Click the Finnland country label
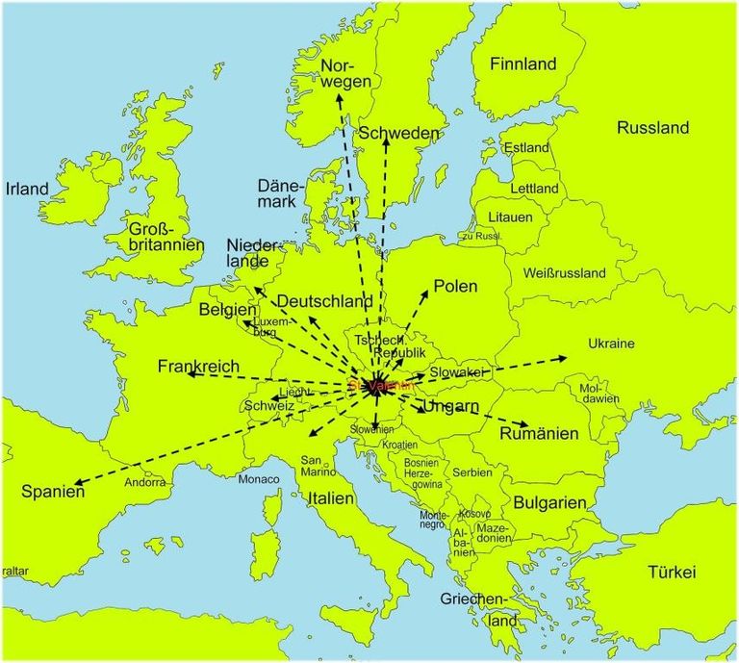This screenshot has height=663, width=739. [522, 64]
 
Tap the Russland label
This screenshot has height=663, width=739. [652, 127]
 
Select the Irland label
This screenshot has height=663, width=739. [27, 189]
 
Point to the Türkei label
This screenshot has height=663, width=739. [671, 572]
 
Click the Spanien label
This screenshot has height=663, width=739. [53, 491]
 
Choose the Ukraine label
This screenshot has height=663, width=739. [611, 344]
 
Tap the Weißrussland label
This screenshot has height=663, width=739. [564, 273]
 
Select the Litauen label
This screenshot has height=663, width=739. [510, 217]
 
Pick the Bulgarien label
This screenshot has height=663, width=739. [550, 502]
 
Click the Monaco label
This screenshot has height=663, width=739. [259, 479]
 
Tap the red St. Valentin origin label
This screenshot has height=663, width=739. [382, 384]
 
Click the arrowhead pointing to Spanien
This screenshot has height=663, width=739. [78, 482]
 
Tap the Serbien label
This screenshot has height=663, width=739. [471, 472]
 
